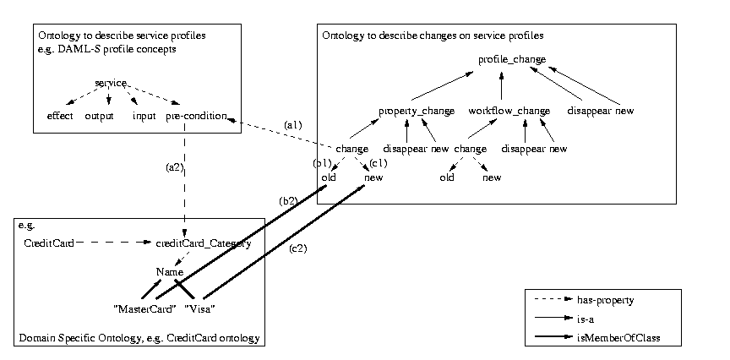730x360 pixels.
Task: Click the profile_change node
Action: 512,59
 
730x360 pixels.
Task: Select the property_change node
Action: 417,111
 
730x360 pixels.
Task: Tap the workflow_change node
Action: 509,111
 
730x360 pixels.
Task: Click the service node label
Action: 111,83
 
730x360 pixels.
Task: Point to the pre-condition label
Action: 196,116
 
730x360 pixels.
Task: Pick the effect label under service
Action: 59,116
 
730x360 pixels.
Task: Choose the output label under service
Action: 99,116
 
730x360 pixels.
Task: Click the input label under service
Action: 144,116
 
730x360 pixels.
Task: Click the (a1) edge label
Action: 292,125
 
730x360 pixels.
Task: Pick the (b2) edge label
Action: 288,201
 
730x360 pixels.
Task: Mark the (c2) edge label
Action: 298,248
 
